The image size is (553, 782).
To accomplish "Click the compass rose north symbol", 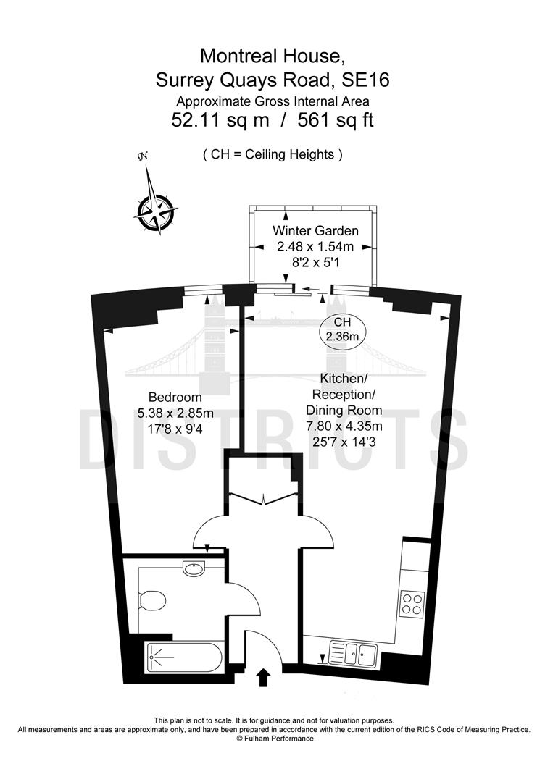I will tap(153, 206).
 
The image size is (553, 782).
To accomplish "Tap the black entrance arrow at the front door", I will tap(263, 678).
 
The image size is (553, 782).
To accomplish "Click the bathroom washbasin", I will tap(194, 569).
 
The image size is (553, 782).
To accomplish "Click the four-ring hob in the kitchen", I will tap(412, 604).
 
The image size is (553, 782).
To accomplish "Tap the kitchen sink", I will tap(352, 654).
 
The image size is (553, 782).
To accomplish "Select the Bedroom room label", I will tap(175, 398).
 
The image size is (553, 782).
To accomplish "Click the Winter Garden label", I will tap(315, 231).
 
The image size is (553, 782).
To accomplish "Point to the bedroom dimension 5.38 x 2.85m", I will tap(175, 413).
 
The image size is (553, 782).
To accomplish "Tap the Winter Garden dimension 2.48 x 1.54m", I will tap(315, 246).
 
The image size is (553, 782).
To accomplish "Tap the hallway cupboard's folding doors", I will tap(263, 499).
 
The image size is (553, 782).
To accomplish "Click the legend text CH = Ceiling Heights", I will tap(272, 154).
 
